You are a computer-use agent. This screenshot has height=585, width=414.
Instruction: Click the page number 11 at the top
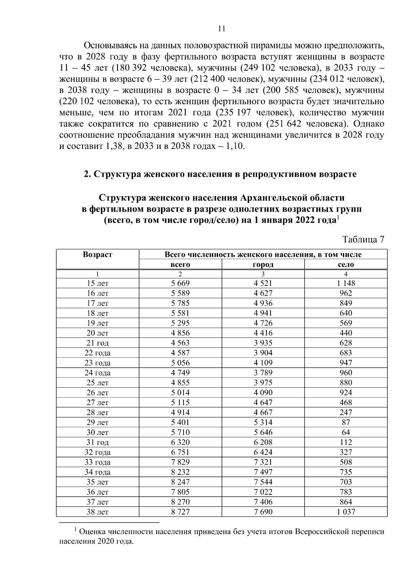point(222,29)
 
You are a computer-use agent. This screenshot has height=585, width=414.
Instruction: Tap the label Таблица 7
point(363,240)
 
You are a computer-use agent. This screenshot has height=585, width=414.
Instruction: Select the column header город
point(263,264)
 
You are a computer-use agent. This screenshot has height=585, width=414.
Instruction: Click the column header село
point(346,264)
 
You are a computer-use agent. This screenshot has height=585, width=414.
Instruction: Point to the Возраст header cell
point(98,255)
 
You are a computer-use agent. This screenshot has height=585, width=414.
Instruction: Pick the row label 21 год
point(98,343)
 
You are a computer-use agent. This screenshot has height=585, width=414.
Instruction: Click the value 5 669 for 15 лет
point(180,283)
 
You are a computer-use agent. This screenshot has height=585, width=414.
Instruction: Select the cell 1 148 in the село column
point(346,283)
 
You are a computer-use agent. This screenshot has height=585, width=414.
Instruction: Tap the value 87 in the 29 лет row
point(346,422)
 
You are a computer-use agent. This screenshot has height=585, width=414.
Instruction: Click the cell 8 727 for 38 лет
point(180,512)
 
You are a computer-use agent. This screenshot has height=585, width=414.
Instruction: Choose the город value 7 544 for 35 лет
point(263,482)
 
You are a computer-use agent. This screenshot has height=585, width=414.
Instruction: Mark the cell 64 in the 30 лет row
point(346,432)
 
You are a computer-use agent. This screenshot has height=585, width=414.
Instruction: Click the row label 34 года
point(98,472)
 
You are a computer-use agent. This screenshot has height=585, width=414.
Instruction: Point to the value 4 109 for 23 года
point(263,363)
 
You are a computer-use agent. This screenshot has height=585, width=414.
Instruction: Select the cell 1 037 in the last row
point(346,512)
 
